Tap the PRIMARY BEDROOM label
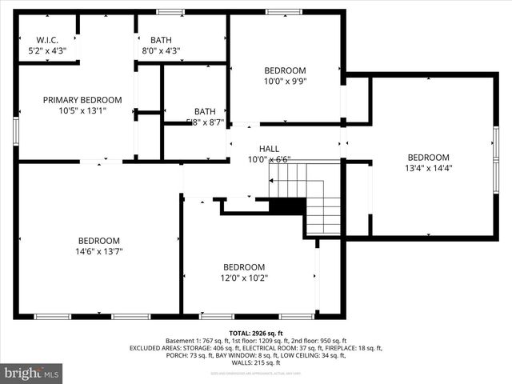pos(82,100)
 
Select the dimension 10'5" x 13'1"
pos(82,110)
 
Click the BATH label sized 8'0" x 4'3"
pos(161,40)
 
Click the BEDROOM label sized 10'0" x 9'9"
pos(285,70)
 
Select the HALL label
pos(268,149)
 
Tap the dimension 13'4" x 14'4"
pos(428,168)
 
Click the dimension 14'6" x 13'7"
pos(99,251)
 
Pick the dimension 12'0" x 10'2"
pos(244,278)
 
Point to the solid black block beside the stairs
pos(286,206)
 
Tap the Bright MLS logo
pos(32,373)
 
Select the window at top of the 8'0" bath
pos(169,12)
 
